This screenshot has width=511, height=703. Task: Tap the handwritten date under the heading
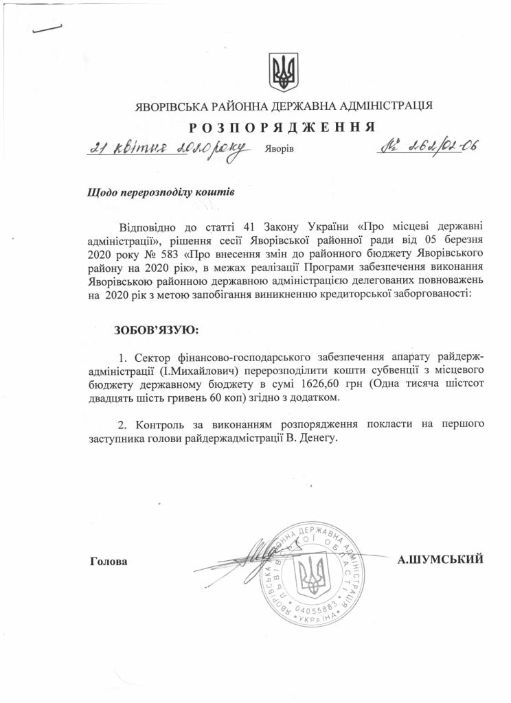coord(169,149)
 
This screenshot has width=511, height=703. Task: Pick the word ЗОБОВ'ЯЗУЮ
coord(156,330)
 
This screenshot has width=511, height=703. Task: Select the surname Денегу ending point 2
coord(321,437)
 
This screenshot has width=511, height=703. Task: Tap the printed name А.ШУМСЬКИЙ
coord(441,560)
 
